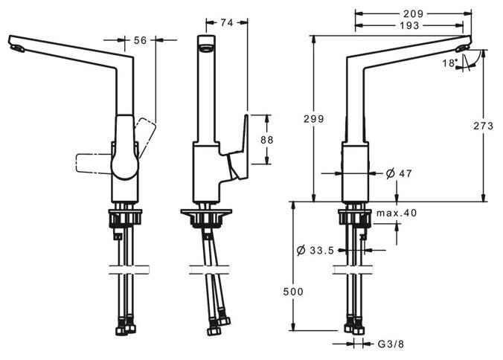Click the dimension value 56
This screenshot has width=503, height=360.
click(x=140, y=42)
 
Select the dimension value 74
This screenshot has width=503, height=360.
click(x=228, y=23)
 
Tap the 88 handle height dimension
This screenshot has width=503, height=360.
click(x=276, y=139)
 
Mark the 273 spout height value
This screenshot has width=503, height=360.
click(x=484, y=126)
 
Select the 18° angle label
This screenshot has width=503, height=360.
click(x=449, y=63)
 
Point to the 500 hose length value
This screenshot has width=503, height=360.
click(x=294, y=292)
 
